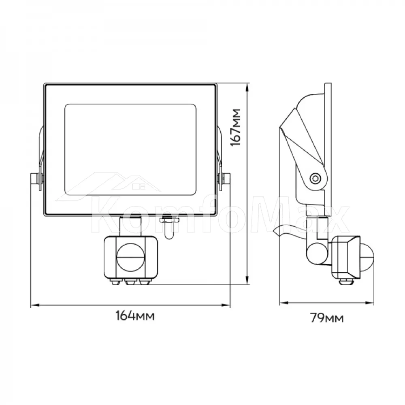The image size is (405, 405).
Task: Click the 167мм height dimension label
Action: [x=236, y=127]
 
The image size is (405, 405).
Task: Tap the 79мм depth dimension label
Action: [x=327, y=318]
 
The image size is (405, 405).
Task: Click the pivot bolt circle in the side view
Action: [x=315, y=178]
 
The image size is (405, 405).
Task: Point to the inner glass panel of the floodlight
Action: [x=130, y=150]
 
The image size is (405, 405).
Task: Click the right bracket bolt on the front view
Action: [x=224, y=179]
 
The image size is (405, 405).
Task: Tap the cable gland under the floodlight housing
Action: [x=169, y=228]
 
